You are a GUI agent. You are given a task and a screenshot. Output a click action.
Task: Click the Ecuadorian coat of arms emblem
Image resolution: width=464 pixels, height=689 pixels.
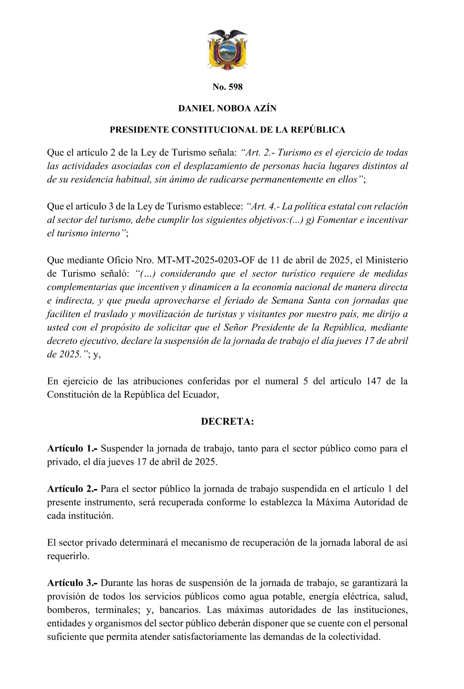(x=227, y=50)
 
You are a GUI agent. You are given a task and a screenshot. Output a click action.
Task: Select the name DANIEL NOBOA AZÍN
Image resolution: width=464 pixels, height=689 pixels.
(x=227, y=108)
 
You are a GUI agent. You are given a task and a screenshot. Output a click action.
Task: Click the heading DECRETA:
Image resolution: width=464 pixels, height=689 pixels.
(x=227, y=422)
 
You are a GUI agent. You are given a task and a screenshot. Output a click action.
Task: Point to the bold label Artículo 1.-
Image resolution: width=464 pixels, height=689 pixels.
(x=72, y=449)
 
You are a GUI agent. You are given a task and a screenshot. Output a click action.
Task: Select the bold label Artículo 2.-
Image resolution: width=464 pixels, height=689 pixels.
(x=72, y=489)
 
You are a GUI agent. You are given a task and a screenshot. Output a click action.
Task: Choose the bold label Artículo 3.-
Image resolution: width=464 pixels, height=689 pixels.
(x=72, y=583)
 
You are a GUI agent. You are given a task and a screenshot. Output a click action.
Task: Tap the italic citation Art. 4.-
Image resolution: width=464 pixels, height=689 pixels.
(x=265, y=206)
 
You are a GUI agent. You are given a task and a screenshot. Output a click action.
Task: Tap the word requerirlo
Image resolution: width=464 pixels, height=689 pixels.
(x=68, y=556)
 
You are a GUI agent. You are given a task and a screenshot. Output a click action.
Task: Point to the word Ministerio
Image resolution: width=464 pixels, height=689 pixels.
(x=386, y=260)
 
